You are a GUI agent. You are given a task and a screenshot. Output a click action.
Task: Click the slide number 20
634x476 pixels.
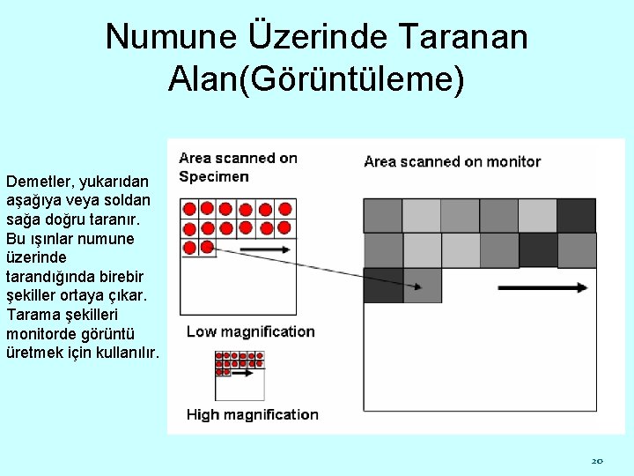[x=596, y=460]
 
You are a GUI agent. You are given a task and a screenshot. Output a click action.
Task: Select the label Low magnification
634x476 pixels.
[x=250, y=331]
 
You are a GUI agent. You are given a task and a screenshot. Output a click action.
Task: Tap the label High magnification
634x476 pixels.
[x=252, y=414]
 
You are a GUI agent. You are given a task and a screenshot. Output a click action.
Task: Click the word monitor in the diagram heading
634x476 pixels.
[x=512, y=161]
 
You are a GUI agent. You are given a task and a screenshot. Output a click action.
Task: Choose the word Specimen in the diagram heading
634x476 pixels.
[x=214, y=176]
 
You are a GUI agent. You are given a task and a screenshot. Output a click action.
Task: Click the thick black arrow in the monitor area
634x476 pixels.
[x=542, y=287]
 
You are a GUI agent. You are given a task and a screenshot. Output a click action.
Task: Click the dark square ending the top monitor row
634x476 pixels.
[x=576, y=215]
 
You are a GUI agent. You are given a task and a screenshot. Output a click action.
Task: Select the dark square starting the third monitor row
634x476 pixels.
[x=382, y=286]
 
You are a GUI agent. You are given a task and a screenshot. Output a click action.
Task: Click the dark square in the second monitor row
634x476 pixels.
[x=537, y=250]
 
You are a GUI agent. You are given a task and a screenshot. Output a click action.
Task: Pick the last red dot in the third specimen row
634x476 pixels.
[x=207, y=247]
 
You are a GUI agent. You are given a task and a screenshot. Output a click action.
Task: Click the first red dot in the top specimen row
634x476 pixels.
[x=188, y=209]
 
